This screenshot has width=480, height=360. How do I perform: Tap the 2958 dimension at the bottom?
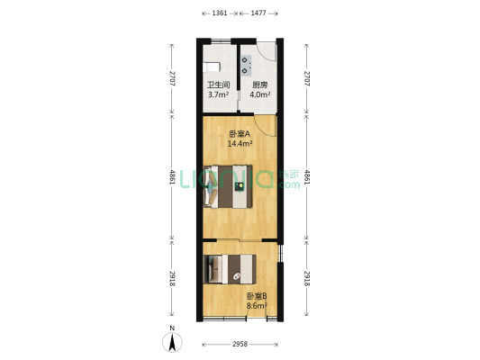(239, 344)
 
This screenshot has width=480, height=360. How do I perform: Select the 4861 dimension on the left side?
(173, 177)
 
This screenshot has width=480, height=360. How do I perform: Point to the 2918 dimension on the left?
(173, 278)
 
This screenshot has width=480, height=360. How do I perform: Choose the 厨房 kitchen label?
(259, 85)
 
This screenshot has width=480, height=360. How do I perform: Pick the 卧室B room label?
(256, 296)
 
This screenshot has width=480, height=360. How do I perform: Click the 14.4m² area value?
(240, 143)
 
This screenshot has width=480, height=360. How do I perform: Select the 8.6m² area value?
(256, 305)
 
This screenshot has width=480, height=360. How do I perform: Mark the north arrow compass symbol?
(173, 342)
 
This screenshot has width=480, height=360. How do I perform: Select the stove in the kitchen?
(245, 62)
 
